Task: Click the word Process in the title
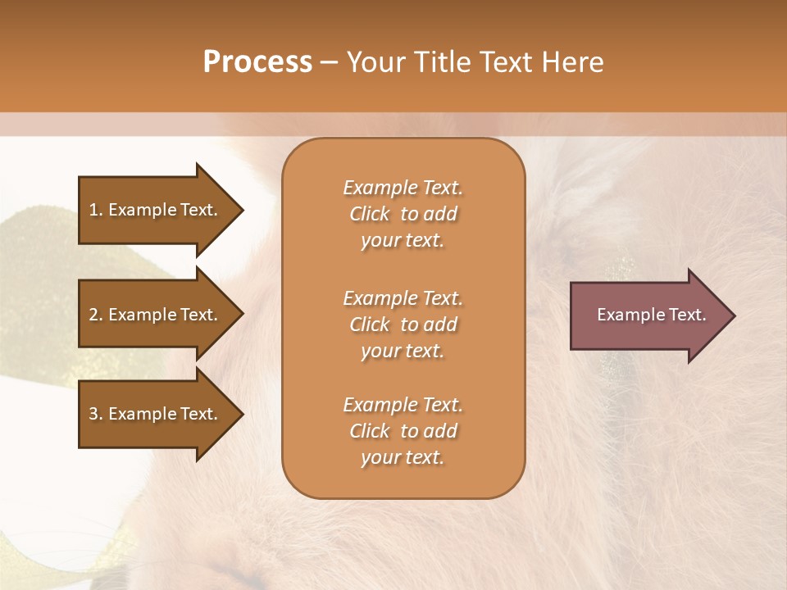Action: (257, 62)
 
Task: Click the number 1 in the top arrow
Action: (93, 210)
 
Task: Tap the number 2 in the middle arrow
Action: (93, 315)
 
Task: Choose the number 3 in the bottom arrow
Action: (93, 414)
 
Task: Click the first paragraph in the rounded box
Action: (403, 214)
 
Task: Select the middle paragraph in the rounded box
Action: (403, 324)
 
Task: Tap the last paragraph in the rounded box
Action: (403, 431)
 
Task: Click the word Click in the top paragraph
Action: (370, 214)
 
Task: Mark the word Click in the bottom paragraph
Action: (370, 431)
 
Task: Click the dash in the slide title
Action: (330, 63)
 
